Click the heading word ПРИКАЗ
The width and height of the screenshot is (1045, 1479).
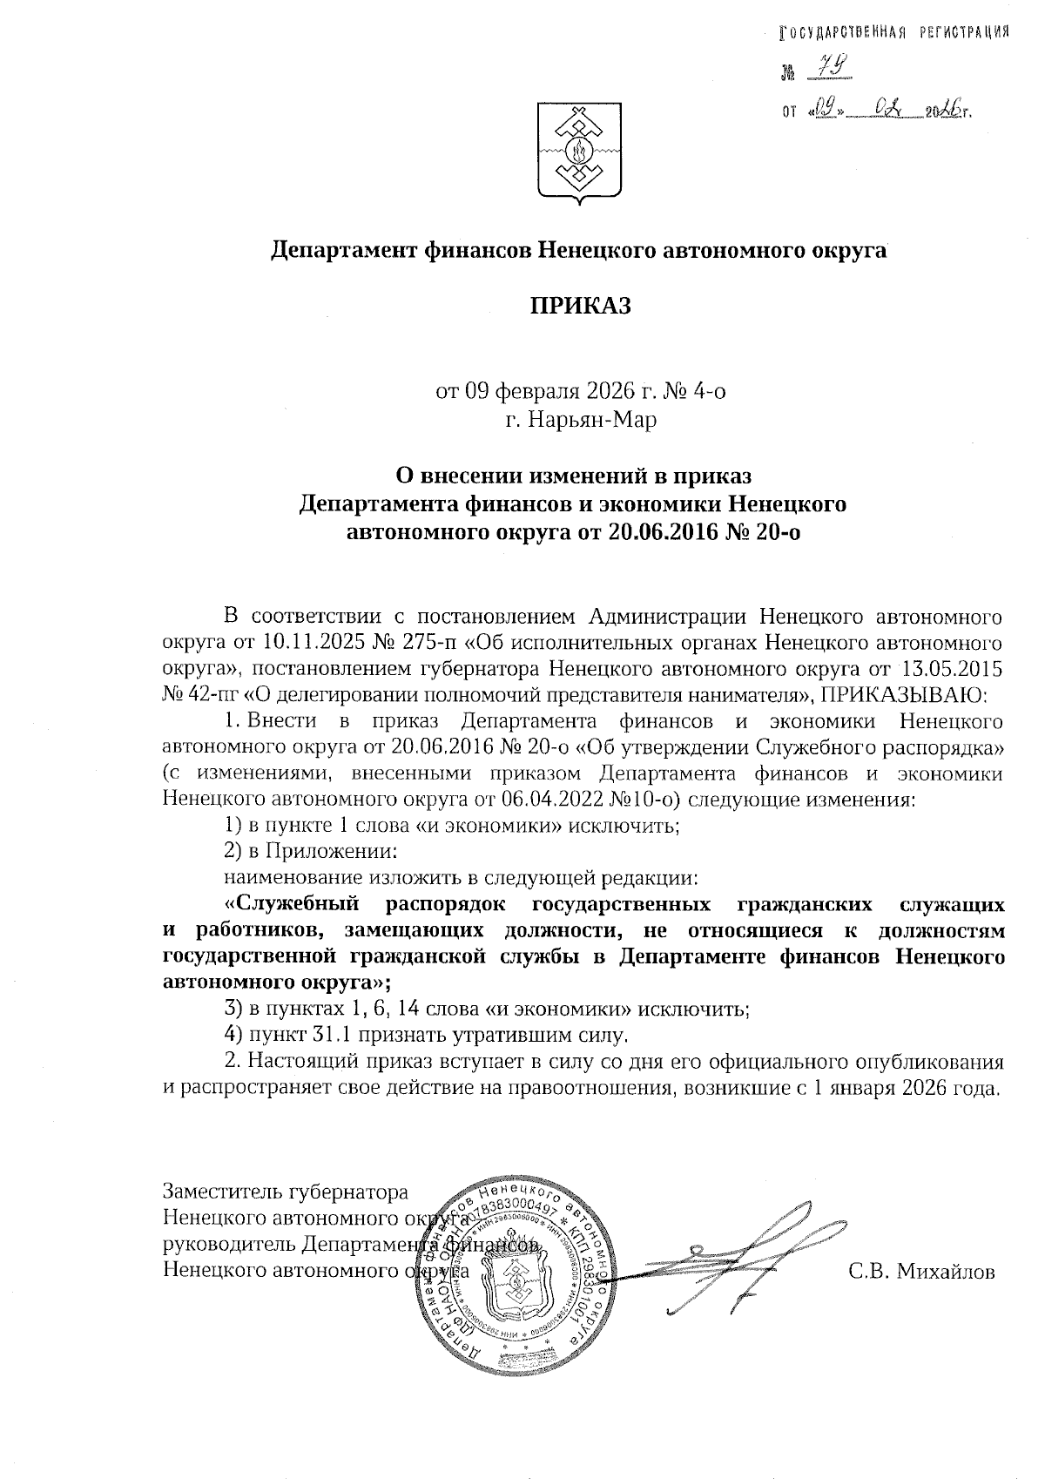click(x=579, y=307)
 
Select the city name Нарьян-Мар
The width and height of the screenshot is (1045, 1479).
click(x=581, y=421)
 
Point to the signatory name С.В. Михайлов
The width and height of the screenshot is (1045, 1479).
click(x=921, y=1272)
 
